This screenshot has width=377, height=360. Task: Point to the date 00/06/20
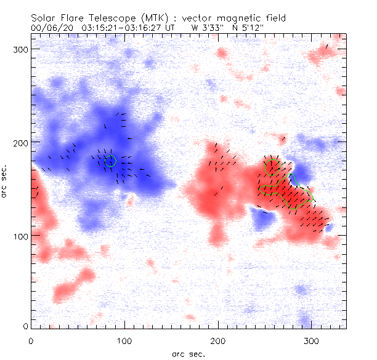(x=53, y=28)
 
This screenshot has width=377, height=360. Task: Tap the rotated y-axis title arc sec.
(x=6, y=181)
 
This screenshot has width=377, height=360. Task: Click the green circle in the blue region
(x=111, y=161)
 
